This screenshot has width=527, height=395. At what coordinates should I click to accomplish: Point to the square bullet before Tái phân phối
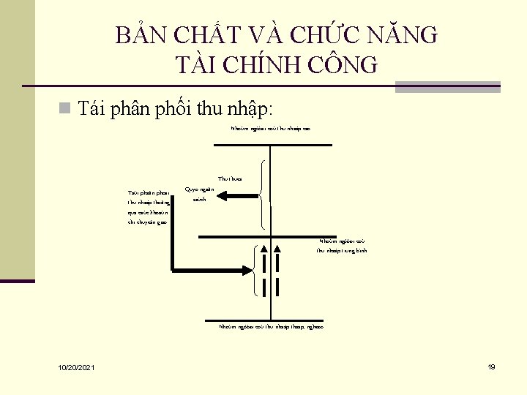[65, 110]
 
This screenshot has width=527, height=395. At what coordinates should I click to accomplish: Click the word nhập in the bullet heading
[250, 110]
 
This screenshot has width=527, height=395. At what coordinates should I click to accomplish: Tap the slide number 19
[491, 366]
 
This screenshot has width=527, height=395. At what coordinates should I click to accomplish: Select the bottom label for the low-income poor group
[271, 327]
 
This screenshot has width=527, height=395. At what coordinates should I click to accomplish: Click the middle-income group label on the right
[342, 246]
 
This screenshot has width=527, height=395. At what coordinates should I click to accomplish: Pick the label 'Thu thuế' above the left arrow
[230, 178]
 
